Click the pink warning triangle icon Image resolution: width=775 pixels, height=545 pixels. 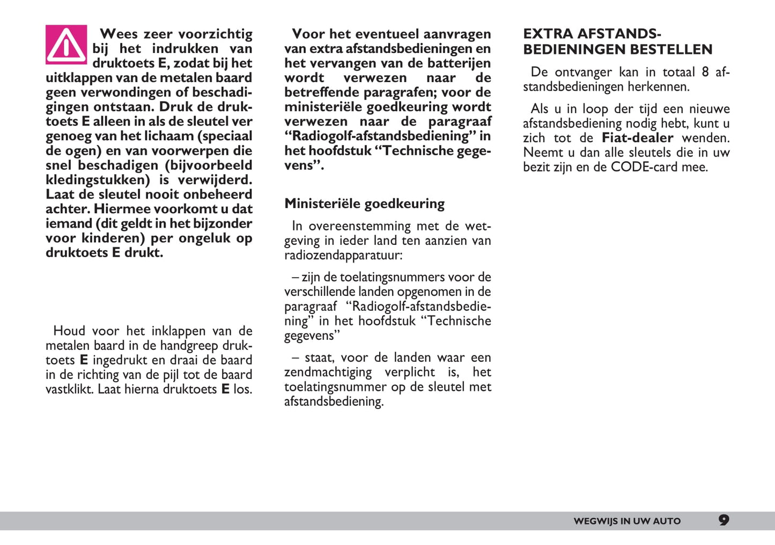66,44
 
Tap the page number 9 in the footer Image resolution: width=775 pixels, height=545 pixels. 724,520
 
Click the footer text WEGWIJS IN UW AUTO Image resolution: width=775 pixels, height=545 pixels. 626,521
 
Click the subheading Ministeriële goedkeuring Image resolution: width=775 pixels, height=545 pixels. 364,204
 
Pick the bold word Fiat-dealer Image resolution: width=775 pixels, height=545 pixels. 637,138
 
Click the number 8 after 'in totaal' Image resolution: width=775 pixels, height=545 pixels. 705,72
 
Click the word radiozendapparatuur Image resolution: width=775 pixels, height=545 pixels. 343,255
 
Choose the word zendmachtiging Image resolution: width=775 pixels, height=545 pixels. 328,372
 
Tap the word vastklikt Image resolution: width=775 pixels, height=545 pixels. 69,389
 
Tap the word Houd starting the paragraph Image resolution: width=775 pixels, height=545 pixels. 69,331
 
